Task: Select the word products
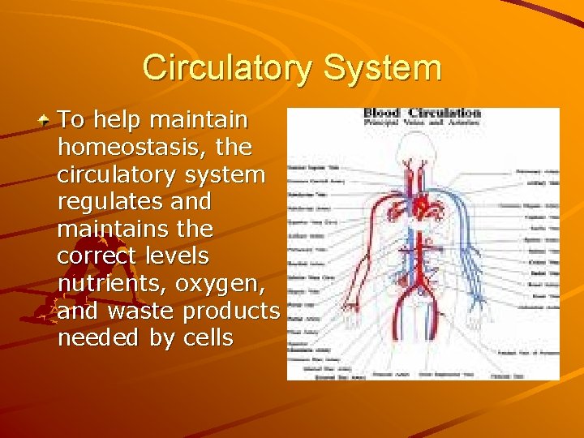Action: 231,311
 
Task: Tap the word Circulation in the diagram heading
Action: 444,113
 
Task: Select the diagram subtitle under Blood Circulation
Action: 422,122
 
